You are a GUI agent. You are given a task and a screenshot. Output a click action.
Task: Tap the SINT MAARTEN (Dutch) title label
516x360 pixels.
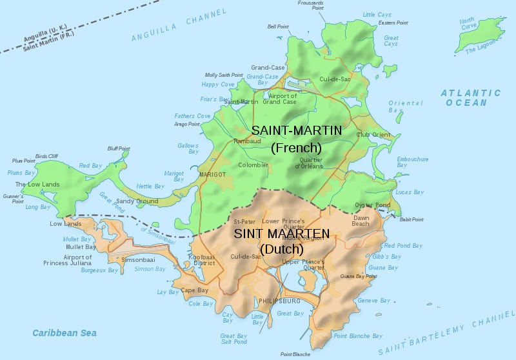pos(281,241)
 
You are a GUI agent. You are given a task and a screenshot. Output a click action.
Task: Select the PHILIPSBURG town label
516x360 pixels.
pos(280,301)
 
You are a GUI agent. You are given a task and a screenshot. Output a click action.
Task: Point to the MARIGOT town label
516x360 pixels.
pos(213,174)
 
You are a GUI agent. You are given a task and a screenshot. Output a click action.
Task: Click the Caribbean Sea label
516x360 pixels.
pos(64,333)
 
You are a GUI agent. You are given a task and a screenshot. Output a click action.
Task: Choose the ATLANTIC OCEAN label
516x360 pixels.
pos(471,98)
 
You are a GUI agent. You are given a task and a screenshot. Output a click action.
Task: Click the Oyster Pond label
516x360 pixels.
pos(373,205)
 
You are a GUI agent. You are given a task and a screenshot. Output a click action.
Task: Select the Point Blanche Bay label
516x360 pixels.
pos(358,336)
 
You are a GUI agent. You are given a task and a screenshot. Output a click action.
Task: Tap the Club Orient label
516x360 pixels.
pos(373,135)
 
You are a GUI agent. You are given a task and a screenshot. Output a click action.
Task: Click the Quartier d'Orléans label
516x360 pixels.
pos(310,163)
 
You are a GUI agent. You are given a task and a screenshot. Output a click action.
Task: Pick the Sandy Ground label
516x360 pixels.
pos(137,201)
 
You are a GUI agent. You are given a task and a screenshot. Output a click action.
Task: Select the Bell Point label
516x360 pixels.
pos(279,27)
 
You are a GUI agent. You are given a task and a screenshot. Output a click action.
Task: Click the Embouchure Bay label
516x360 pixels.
pos(412,162)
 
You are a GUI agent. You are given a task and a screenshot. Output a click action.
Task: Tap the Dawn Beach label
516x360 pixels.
pos(361,221)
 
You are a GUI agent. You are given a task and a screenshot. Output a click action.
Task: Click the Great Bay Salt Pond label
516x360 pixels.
pos(233,339)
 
